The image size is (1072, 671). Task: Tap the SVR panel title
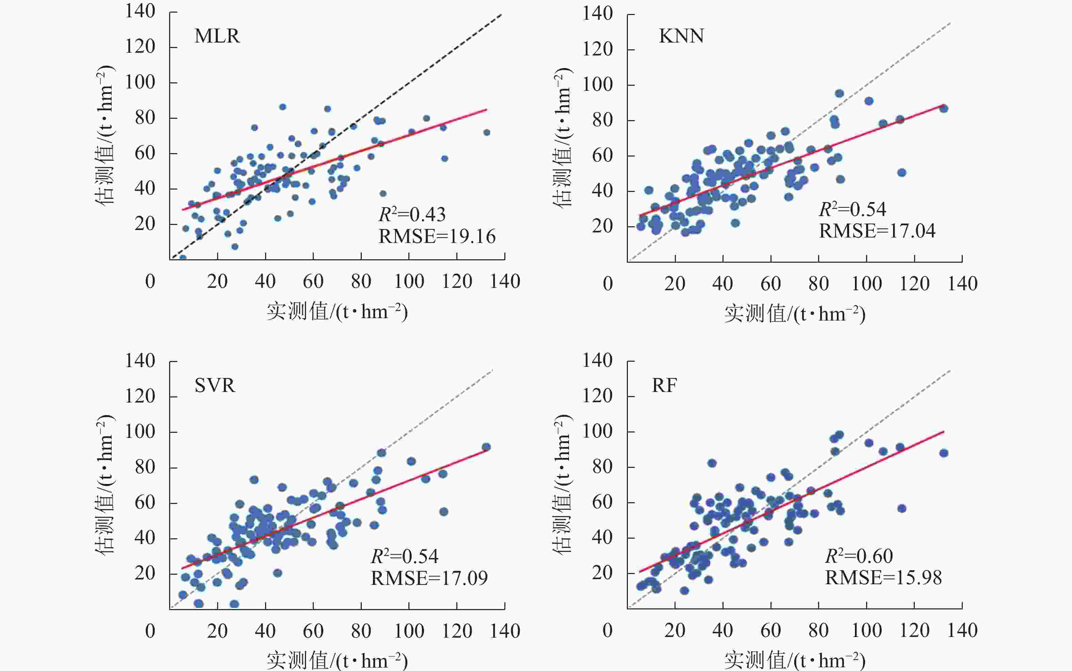coord(215,385)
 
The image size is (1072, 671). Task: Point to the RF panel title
coord(664,385)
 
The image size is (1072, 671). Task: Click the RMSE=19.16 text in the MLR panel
coord(437,236)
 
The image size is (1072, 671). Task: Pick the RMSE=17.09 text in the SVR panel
coord(429,578)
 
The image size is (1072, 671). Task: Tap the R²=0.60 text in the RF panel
coord(859,556)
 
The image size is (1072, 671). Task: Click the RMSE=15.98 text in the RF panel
coord(883,578)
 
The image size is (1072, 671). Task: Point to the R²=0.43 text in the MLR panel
coord(412,215)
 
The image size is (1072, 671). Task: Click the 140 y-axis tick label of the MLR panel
coord(140,11)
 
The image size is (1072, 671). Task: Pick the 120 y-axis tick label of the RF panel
coord(597,395)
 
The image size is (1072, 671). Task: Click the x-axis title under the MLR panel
coord(337,312)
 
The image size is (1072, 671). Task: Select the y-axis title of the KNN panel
coord(563,137)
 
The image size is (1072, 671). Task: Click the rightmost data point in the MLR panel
coord(487,132)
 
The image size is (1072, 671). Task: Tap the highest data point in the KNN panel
coord(839,93)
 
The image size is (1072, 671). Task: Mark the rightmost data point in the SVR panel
coord(486,447)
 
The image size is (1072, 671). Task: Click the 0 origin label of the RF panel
coord(607,631)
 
